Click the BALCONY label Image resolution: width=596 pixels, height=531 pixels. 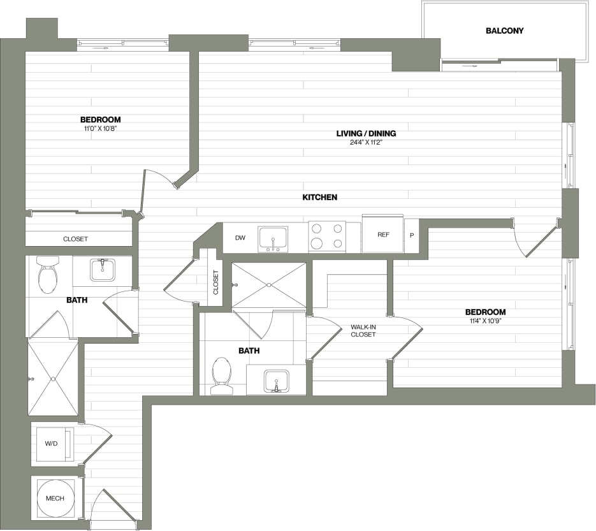click(x=504, y=31)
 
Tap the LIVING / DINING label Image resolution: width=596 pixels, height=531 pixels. click(x=366, y=133)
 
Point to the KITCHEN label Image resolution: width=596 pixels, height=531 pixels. click(x=319, y=197)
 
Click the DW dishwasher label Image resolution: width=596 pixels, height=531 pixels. click(x=240, y=238)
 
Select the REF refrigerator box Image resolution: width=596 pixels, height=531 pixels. click(x=382, y=235)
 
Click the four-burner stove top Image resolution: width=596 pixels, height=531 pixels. click(x=327, y=236)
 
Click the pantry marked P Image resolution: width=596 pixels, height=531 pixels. click(x=412, y=235)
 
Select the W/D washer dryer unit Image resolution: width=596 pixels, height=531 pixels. click(x=52, y=444)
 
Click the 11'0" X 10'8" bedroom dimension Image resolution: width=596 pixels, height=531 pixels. click(x=100, y=128)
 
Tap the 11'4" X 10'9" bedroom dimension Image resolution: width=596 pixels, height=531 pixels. click(x=485, y=321)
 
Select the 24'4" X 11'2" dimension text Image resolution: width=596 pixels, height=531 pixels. click(x=366, y=142)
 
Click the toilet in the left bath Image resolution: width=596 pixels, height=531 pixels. click(x=48, y=275)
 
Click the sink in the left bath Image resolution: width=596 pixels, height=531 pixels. click(x=102, y=269)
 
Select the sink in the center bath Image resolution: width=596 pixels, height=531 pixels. click(x=277, y=381)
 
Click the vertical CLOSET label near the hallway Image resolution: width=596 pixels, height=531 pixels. click(x=215, y=282)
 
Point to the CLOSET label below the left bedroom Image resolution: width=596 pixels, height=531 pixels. click(x=75, y=239)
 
